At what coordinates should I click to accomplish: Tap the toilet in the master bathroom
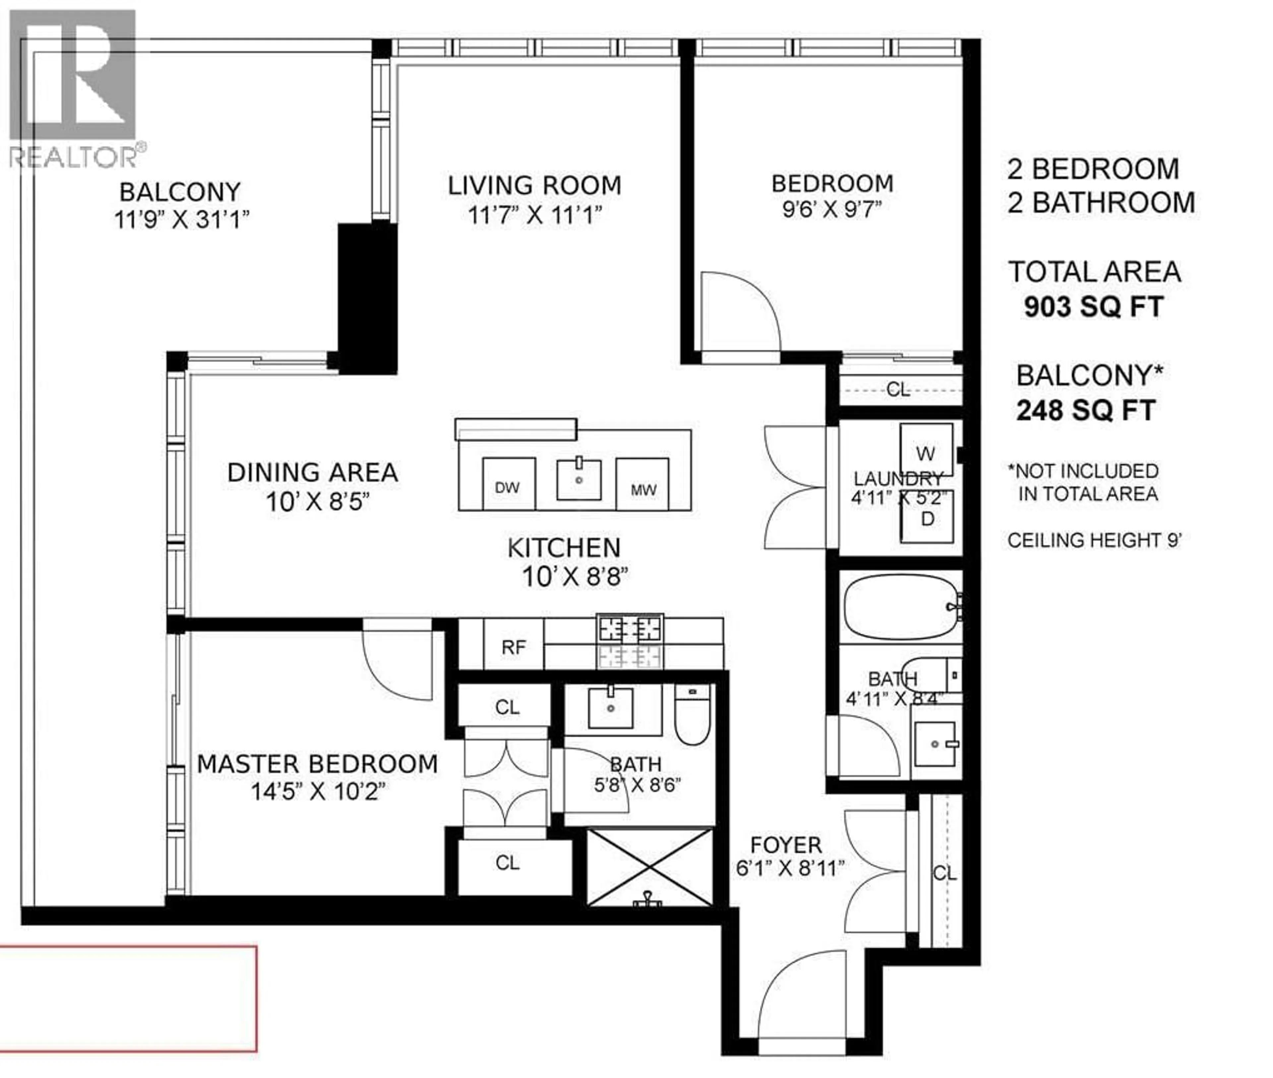[x=693, y=714]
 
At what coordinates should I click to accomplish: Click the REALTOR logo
[x=73, y=89]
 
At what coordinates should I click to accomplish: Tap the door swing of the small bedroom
[x=740, y=312]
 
